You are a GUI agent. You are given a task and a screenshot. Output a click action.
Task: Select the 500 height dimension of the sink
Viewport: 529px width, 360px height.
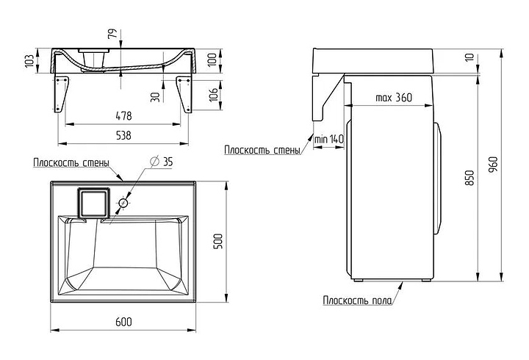point(217,241)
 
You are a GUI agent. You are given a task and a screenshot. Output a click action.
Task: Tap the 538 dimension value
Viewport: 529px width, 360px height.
point(123,135)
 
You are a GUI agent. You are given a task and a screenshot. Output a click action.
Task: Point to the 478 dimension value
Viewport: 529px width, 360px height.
point(123,115)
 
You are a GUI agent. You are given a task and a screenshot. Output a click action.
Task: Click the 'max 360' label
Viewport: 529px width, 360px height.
point(393,98)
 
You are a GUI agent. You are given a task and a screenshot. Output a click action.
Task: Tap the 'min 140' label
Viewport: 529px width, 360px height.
point(328,139)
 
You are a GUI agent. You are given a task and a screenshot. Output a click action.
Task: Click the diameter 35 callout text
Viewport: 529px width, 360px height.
point(161,161)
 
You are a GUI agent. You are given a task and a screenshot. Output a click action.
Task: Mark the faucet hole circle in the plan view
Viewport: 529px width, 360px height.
point(123,203)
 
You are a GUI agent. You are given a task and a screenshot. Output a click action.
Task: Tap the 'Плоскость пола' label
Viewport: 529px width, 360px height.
point(356,300)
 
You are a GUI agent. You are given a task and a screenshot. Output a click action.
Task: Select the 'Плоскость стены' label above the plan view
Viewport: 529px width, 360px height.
point(71,163)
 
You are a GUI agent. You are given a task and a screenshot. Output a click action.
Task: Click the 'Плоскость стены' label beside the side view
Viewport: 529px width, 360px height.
point(262,151)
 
